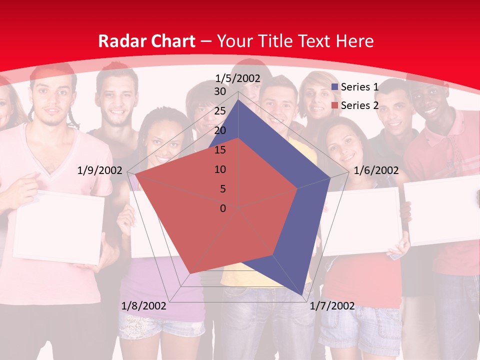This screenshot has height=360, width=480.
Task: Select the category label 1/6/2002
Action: [x=376, y=171]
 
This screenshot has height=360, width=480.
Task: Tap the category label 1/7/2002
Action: [x=332, y=306]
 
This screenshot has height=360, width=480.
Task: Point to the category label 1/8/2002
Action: [x=143, y=306]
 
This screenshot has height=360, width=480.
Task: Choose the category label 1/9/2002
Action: [x=100, y=171]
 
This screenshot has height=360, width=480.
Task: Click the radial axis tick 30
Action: [x=219, y=92]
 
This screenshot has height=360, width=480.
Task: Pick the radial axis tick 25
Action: [x=219, y=111]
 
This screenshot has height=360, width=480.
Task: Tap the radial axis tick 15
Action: [x=219, y=150]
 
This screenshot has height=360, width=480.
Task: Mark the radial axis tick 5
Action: [x=222, y=189]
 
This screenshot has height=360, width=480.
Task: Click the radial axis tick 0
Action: [x=223, y=208]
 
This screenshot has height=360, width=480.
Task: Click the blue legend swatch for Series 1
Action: [x=335, y=87]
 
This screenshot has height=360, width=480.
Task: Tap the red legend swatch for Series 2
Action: [x=335, y=106]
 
